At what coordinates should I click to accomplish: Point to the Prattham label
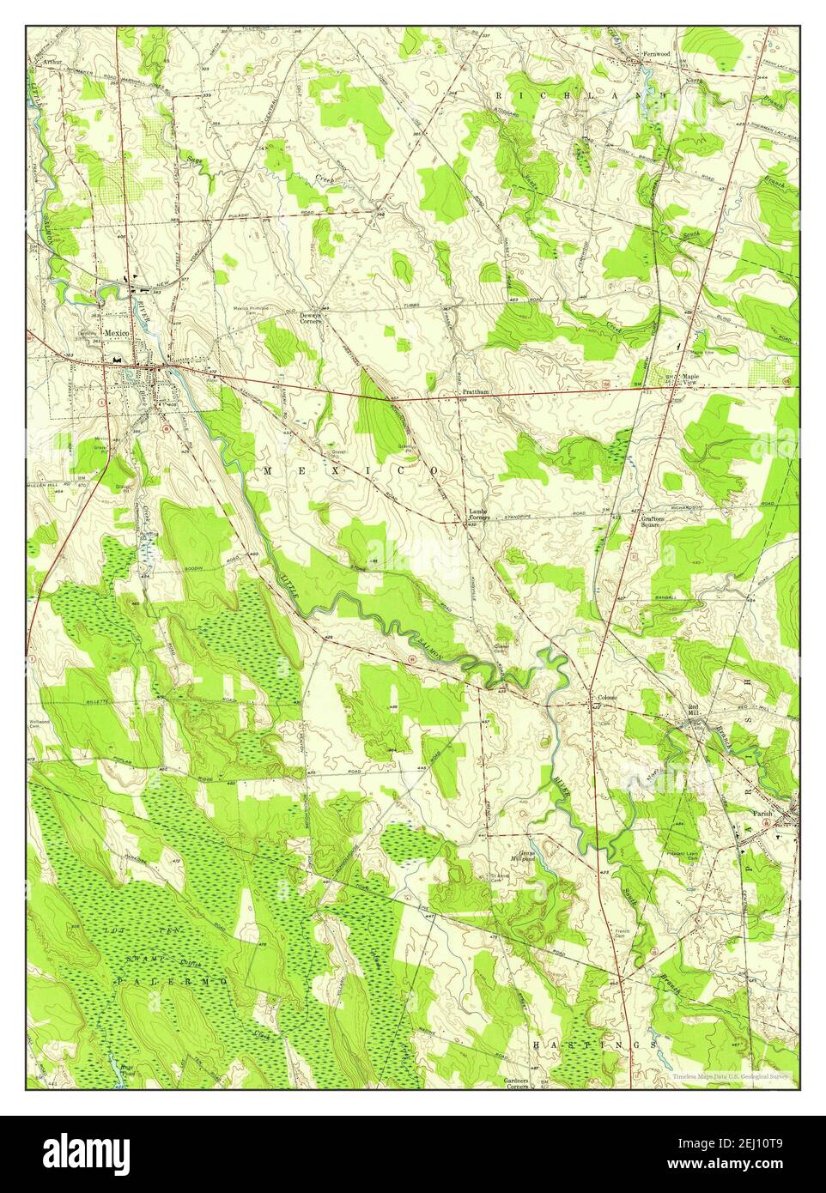[x=475, y=391]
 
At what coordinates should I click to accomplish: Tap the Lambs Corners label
[x=477, y=515]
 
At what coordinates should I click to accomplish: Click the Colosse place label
[x=607, y=698]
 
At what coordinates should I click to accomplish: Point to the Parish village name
[x=763, y=814]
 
